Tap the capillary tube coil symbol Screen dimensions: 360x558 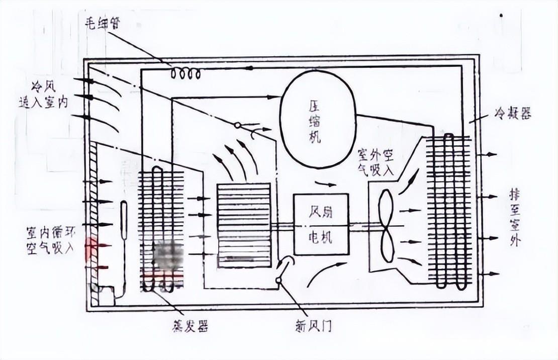point(186,74)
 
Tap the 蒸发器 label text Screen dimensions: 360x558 point(190,326)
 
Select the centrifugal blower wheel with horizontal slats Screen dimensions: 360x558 point(244,224)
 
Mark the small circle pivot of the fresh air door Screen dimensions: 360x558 point(278,281)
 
